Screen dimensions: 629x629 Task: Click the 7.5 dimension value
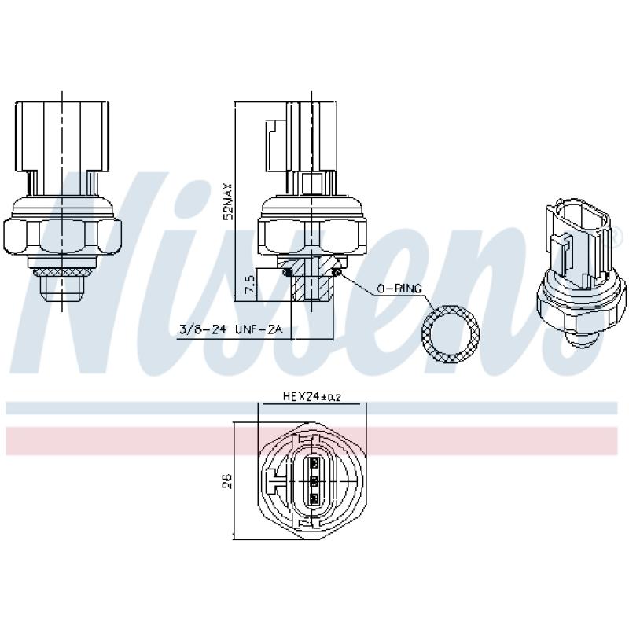click(x=250, y=284)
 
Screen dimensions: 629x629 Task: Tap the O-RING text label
click(x=399, y=289)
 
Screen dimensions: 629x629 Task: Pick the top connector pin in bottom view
click(x=314, y=463)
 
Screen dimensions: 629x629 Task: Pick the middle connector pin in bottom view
click(x=314, y=481)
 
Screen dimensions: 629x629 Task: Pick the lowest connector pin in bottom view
click(x=314, y=498)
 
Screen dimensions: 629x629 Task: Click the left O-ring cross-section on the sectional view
click(x=289, y=272)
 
